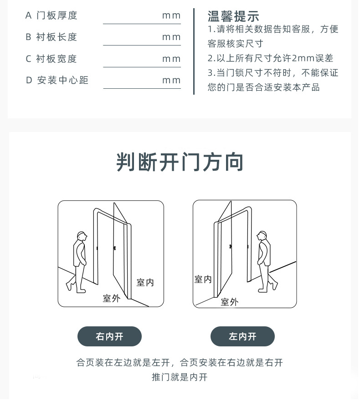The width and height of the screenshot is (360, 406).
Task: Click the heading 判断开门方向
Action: (x=180, y=163)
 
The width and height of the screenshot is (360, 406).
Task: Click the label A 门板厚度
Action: (x=51, y=15)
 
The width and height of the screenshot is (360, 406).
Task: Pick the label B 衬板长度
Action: (x=51, y=37)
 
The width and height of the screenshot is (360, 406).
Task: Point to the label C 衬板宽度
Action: (x=51, y=59)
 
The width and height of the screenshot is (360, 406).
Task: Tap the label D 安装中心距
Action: (x=57, y=80)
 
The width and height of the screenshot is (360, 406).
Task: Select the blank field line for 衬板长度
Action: (x=143, y=46)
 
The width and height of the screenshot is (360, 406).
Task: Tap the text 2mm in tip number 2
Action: (x=304, y=59)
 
